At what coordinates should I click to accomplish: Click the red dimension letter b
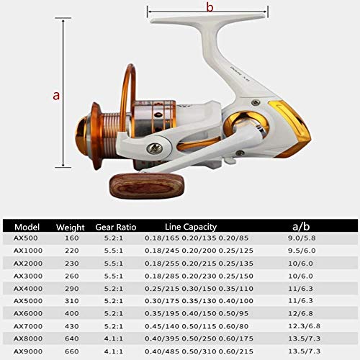[210, 8]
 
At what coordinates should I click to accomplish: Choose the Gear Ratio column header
[116, 225]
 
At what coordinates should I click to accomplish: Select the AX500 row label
[26, 238]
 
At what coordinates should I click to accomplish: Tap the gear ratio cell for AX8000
[111, 339]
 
